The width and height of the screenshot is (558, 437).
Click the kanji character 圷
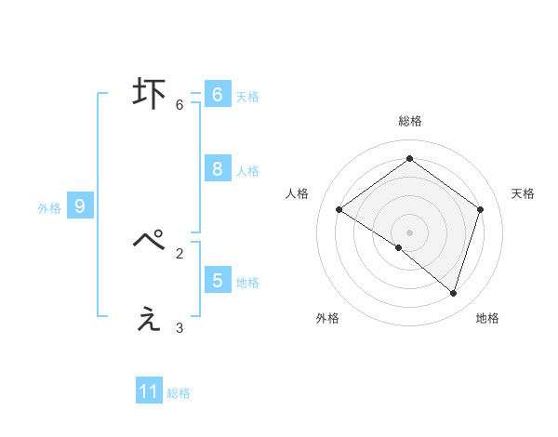[149, 94]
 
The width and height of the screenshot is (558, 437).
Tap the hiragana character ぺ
[149, 241]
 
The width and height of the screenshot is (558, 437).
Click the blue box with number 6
[217, 95]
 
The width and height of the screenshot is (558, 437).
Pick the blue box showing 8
[217, 169]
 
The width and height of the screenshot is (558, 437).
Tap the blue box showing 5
[217, 280]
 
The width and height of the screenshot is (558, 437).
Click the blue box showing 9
[80, 206]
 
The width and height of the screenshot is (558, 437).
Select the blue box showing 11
[149, 391]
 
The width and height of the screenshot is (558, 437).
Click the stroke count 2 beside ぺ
[179, 252]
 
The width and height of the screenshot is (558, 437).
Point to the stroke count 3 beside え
[179, 327]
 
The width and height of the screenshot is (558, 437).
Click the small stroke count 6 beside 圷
[179, 105]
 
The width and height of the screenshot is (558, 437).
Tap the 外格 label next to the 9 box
[49, 208]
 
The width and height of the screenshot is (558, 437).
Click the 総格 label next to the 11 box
[179, 393]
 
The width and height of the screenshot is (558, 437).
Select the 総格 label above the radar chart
[409, 121]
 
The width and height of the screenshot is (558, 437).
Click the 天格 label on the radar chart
[523, 193]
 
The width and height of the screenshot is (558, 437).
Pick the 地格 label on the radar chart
[487, 318]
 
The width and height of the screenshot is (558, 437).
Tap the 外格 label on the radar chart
[327, 318]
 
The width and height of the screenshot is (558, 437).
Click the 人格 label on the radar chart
[297, 193]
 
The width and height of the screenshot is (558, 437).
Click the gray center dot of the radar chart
[409, 232]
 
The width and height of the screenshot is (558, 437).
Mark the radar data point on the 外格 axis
[399, 247]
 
